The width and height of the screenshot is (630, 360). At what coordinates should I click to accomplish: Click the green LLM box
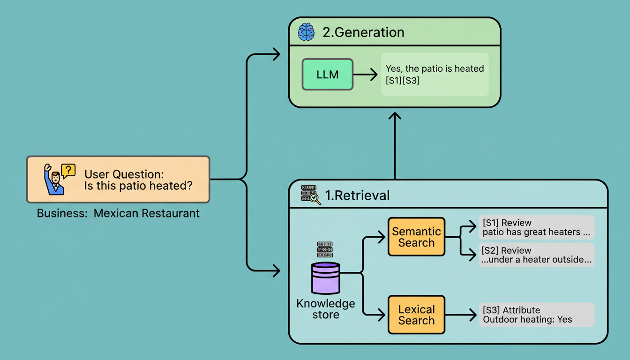[x=328, y=74]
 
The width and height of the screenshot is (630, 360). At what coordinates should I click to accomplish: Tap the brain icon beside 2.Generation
[x=306, y=32]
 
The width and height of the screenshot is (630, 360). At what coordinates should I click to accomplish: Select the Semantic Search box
[x=416, y=237]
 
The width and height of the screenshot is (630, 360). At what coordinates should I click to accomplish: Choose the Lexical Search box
[x=416, y=315]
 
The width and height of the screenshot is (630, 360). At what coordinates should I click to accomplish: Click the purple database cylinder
[x=325, y=278]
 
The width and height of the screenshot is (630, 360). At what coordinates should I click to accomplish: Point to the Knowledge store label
[x=326, y=309]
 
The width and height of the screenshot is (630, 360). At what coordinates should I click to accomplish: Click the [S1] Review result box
[x=536, y=227]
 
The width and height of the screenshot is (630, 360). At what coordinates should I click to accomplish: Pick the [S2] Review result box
[x=536, y=255]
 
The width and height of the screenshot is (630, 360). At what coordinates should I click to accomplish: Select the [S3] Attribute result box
[x=536, y=315]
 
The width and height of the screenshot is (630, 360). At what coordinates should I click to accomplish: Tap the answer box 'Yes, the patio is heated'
[x=435, y=75]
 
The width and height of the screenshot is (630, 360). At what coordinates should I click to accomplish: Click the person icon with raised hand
[x=53, y=180]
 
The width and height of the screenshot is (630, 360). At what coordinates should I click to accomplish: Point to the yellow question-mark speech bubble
[x=68, y=170]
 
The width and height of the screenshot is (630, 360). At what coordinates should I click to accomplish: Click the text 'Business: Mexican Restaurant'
[x=118, y=213]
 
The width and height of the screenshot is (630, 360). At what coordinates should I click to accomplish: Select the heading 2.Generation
[x=363, y=32]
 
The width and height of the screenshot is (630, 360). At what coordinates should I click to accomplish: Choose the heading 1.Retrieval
[x=357, y=195]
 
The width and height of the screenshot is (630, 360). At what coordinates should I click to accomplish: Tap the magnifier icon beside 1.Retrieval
[x=315, y=199]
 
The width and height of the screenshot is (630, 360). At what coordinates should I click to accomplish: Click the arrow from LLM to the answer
[x=365, y=74]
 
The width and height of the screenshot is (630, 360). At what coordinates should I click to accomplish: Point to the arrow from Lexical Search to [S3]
[x=461, y=315]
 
